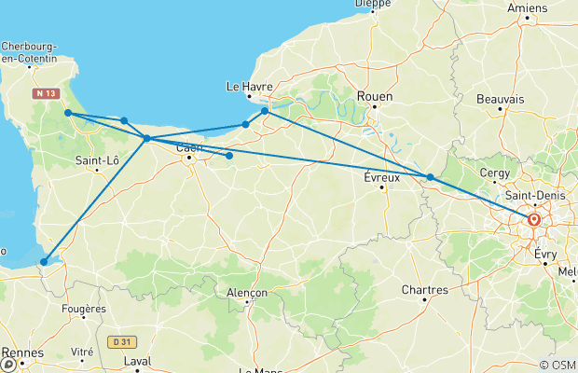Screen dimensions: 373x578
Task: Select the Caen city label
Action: [x=189, y=147]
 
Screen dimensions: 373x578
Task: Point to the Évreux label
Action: [x=381, y=177]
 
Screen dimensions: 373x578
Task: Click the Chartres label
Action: [x=425, y=290]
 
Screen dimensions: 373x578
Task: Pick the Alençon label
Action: [x=247, y=293]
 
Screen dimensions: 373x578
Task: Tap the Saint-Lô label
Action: [x=96, y=160]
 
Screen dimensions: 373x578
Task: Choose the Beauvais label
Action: [x=500, y=99]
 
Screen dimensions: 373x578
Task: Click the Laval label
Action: [x=137, y=360]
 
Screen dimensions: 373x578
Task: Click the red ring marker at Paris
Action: [x=534, y=221]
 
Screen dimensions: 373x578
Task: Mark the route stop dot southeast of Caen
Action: [x=229, y=156]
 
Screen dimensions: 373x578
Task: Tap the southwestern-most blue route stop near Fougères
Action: [x=44, y=262]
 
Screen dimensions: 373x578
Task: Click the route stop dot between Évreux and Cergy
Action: [x=430, y=177]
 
